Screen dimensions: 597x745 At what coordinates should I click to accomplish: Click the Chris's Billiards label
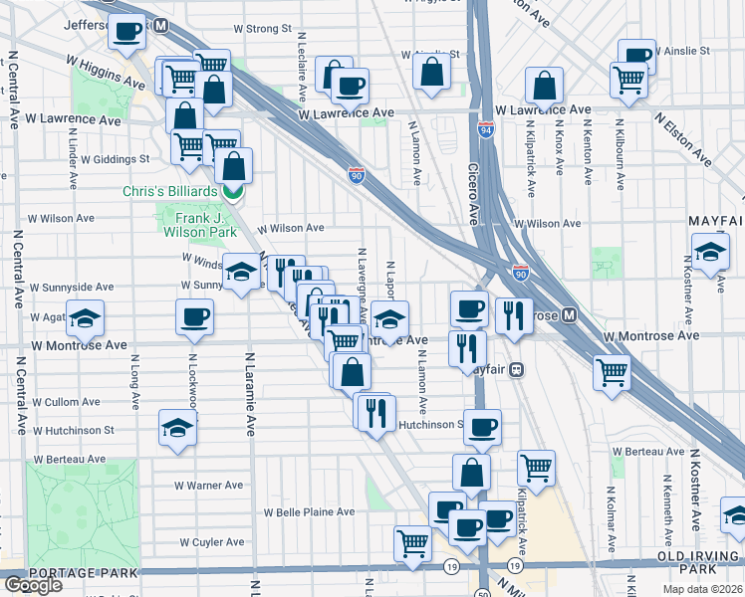click(x=169, y=191)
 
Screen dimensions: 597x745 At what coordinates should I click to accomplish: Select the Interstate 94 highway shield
click(x=486, y=129)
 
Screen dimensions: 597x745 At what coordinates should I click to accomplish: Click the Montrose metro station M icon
click(x=570, y=315)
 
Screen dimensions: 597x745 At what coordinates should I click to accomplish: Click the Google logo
click(x=33, y=584)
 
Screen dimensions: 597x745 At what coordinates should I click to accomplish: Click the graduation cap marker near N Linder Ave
click(x=86, y=318)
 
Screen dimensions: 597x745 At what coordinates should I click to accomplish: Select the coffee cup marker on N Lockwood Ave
click(x=194, y=317)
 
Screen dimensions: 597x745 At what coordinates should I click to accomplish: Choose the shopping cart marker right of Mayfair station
click(x=612, y=373)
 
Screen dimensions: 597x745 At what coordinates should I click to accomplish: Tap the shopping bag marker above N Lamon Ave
click(x=431, y=72)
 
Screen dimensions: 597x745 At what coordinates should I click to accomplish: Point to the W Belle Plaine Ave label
click(x=309, y=512)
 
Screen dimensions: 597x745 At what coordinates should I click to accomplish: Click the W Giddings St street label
click(x=116, y=158)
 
